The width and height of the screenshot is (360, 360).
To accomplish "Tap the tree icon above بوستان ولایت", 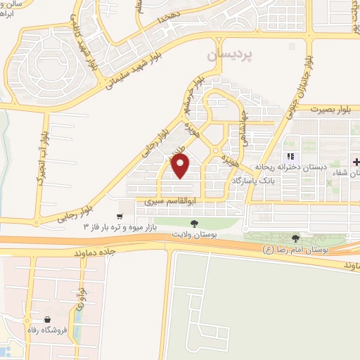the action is (194, 223).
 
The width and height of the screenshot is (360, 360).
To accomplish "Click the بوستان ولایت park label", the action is (195, 233).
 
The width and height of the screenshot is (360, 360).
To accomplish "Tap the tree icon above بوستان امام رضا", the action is (295, 239).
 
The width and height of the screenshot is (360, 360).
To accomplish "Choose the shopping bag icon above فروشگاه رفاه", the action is (47, 320).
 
